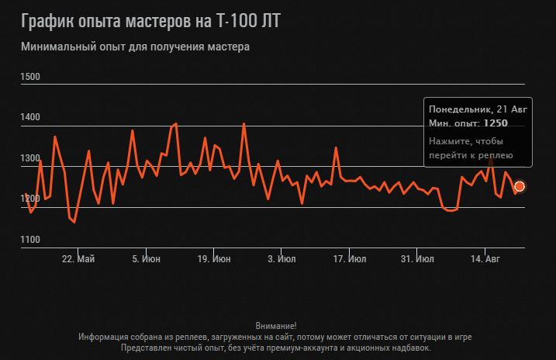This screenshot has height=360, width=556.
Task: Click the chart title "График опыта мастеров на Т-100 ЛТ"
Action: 150,21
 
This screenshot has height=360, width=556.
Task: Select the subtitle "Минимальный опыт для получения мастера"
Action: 136,47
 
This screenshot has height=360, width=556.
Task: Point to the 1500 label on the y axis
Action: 31,77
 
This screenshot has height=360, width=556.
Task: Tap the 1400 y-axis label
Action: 31,117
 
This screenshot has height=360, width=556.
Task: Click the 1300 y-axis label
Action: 31,158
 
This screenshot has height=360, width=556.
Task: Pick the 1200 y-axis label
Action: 31,199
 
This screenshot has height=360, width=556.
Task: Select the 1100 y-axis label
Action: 31,240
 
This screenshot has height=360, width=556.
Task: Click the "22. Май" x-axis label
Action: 78,258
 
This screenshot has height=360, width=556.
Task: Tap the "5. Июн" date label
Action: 147,258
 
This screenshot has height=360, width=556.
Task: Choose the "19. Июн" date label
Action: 213,258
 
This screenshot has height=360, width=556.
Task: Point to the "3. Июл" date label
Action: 281,258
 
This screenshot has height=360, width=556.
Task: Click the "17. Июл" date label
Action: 349,258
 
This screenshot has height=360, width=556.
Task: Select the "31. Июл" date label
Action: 417,258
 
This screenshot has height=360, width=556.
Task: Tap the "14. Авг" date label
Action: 485,258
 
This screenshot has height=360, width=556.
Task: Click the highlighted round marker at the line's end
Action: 520,186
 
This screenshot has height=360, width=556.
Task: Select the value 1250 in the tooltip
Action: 496,123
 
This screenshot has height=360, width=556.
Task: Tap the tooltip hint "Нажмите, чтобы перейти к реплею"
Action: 466,148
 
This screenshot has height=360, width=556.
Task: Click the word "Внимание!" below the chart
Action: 275,326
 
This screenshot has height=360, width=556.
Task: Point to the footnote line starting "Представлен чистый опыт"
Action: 275,348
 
